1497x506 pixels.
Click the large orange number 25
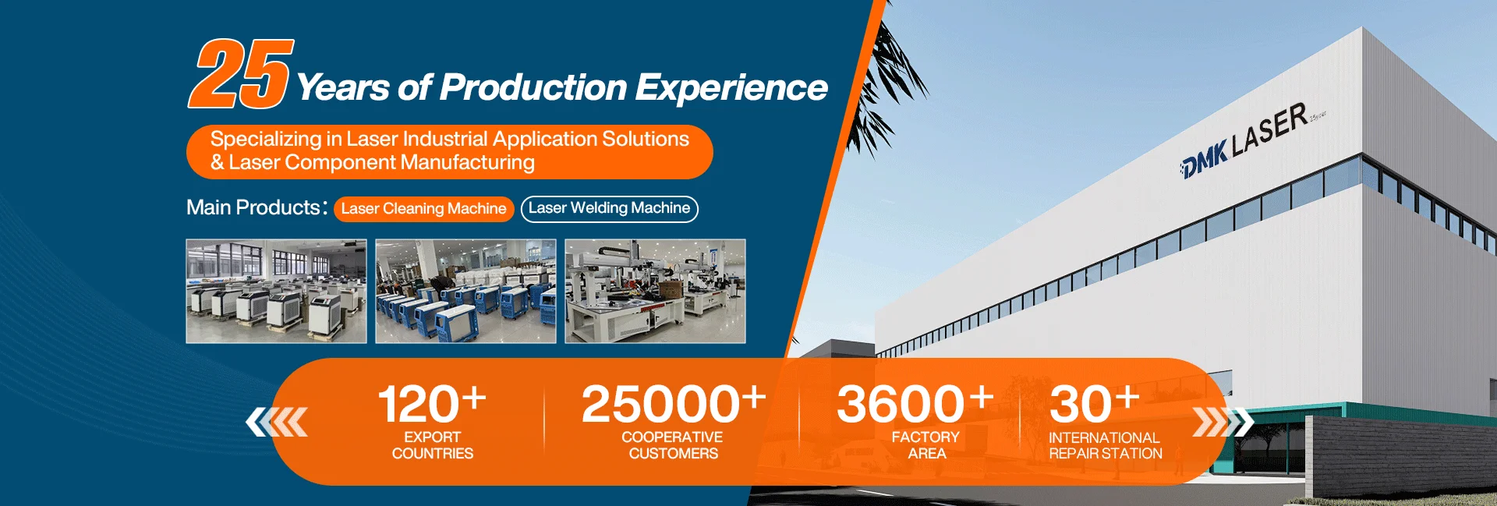pyautogui.click(x=241, y=74)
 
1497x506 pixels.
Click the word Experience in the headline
pyautogui.click(x=731, y=88)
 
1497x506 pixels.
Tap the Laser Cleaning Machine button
pyautogui.click(x=424, y=209)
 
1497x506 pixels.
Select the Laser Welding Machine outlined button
pyautogui.click(x=610, y=208)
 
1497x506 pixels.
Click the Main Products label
pyautogui.click(x=256, y=207)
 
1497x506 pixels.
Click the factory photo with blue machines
pyautogui.click(x=465, y=291)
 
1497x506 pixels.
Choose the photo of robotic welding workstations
pyautogui.click(x=655, y=291)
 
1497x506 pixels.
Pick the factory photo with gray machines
pyautogui.click(x=276, y=291)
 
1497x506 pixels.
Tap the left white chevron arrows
pyautogui.click(x=277, y=422)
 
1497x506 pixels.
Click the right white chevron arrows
pyautogui.click(x=1223, y=422)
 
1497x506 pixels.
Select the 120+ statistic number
pyautogui.click(x=432, y=403)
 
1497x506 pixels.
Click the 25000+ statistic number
pyautogui.click(x=674, y=403)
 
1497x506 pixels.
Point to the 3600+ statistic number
pyautogui.click(x=915, y=403)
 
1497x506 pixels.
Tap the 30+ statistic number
pyautogui.click(x=1095, y=403)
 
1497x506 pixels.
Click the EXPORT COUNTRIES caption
pyautogui.click(x=433, y=445)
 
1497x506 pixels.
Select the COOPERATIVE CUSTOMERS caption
pyautogui.click(x=673, y=445)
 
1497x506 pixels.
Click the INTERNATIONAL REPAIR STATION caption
pyautogui.click(x=1106, y=446)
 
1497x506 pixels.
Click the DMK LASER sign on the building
pyautogui.click(x=1245, y=140)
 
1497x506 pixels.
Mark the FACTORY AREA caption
pyautogui.click(x=926, y=445)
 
